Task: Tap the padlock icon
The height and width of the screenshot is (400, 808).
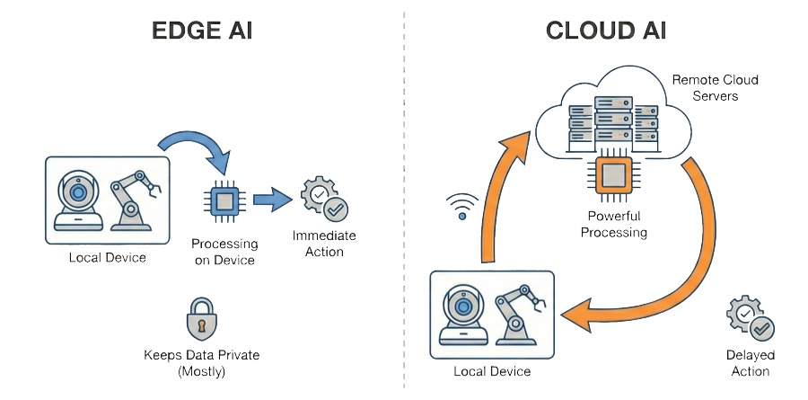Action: [x=201, y=317]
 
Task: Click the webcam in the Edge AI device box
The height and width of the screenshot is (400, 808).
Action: [x=78, y=201]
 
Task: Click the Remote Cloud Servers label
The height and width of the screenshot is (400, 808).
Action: [x=715, y=87]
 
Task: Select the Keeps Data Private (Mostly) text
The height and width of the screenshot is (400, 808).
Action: [x=201, y=362]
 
